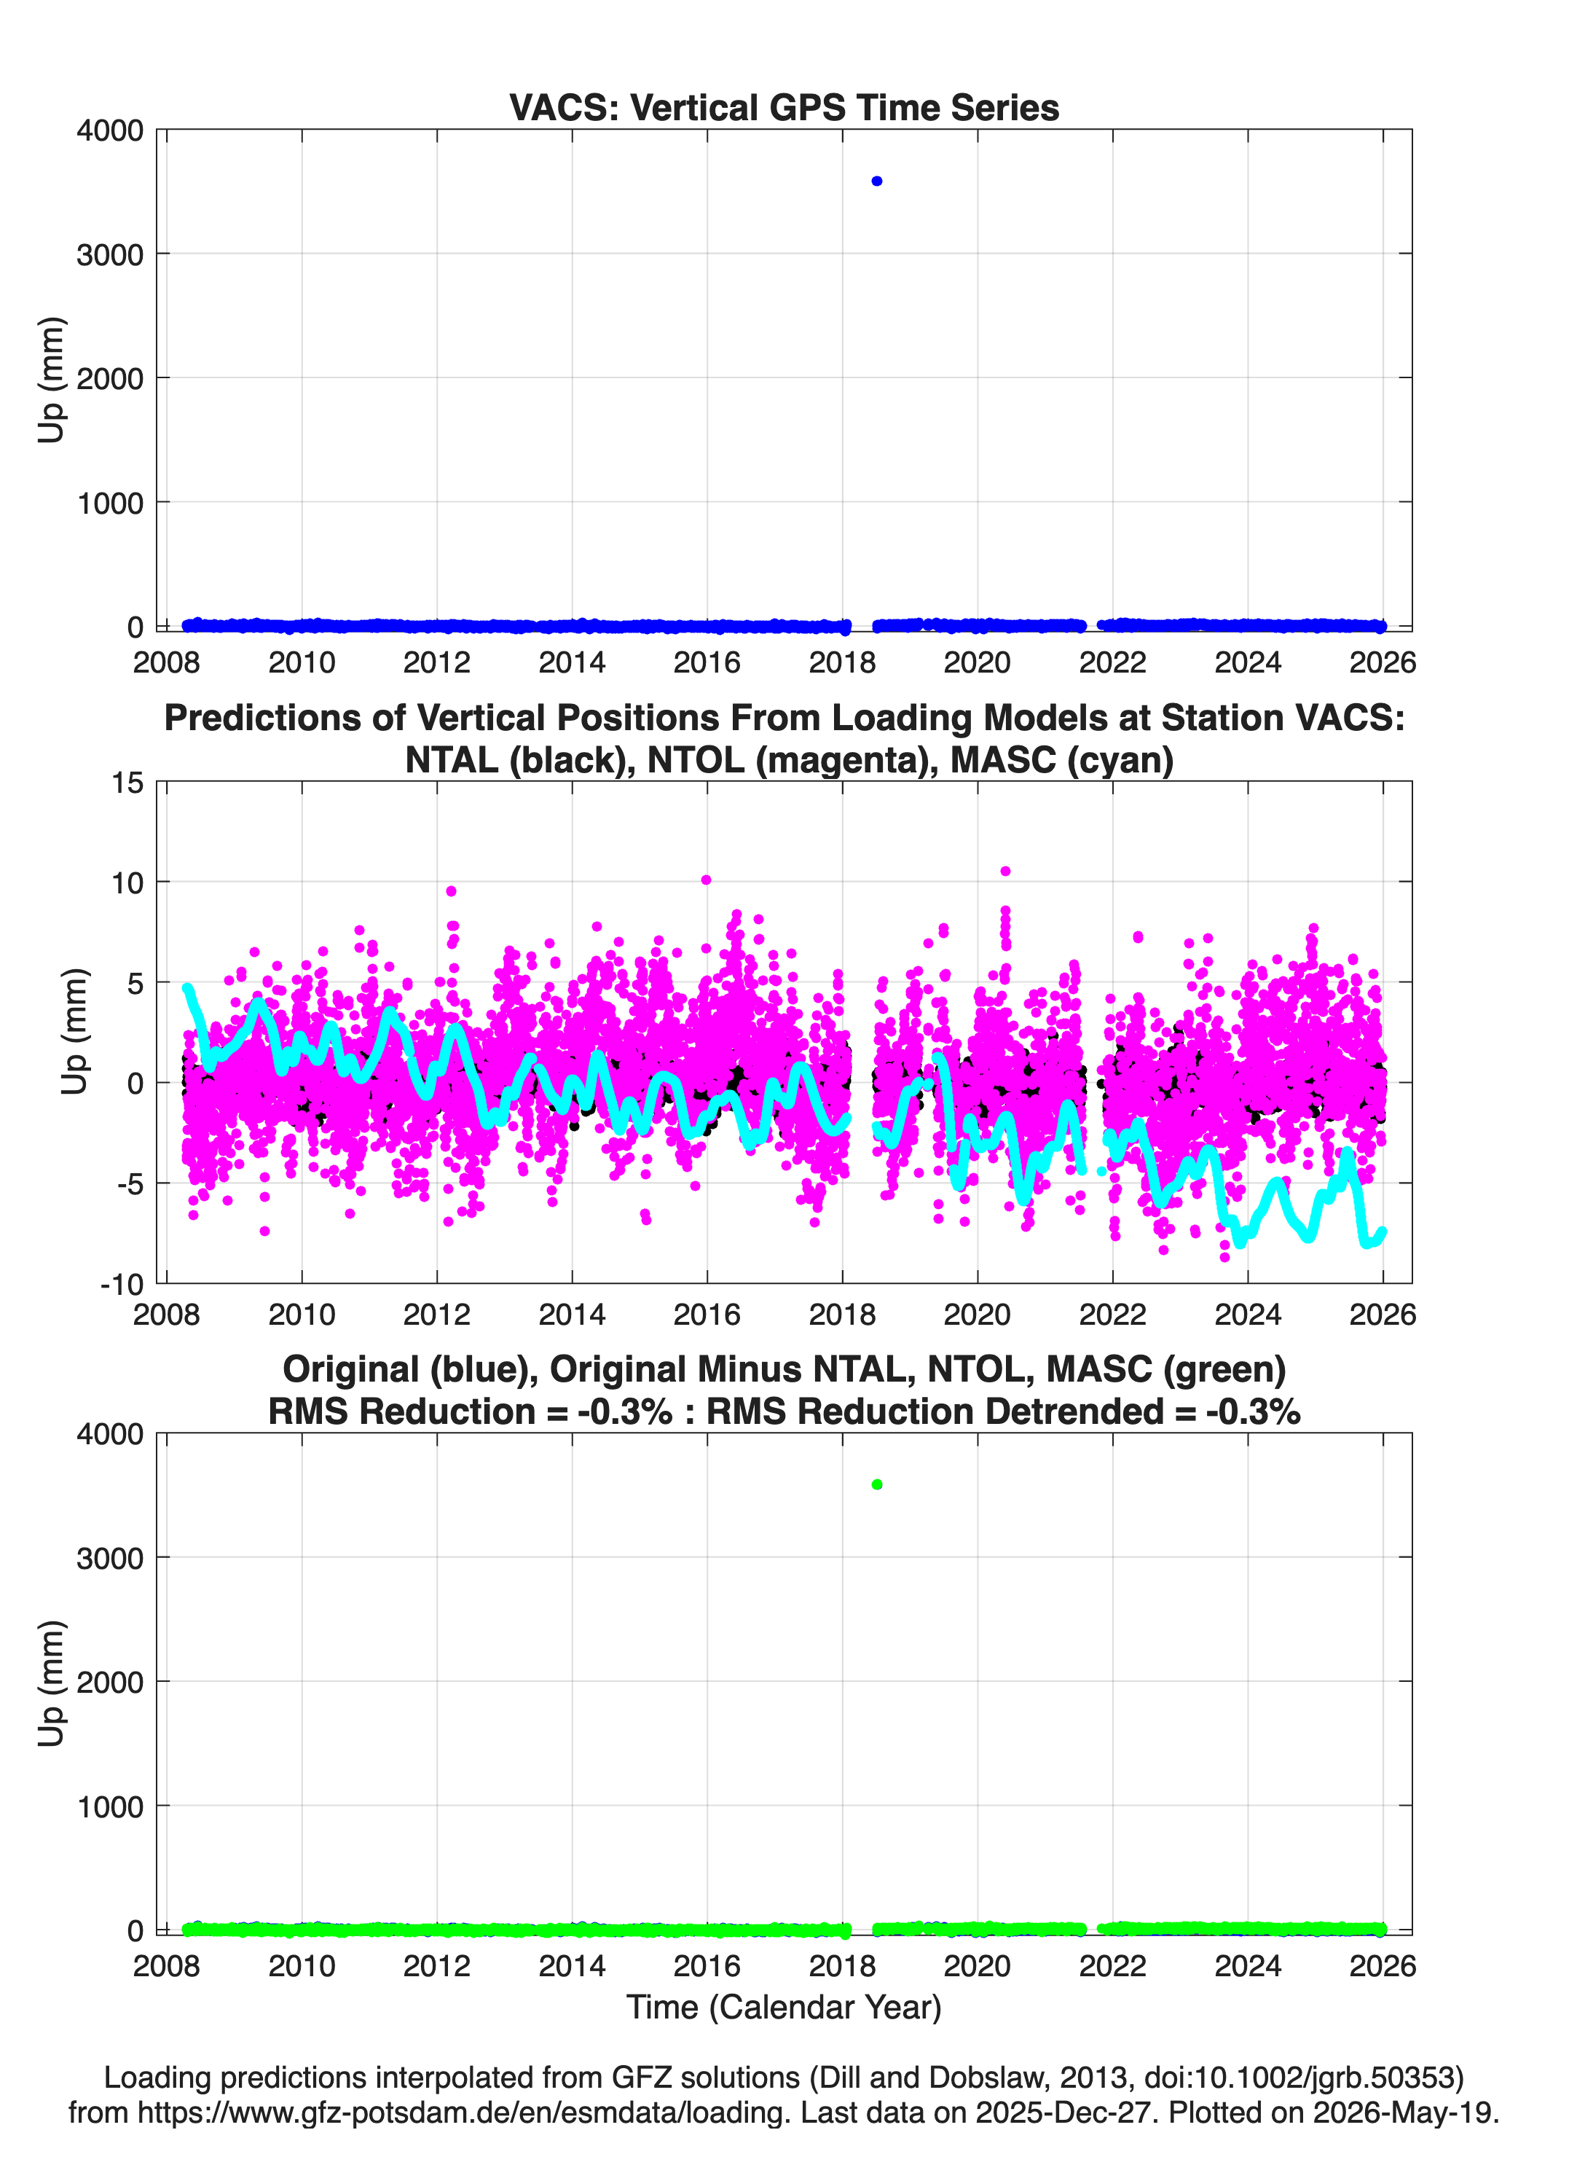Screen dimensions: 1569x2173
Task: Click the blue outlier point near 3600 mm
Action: point(876,181)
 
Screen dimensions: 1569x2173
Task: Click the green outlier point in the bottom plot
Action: point(876,1484)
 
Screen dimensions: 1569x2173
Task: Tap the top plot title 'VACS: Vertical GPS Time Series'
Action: point(784,107)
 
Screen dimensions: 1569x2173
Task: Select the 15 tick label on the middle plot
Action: point(127,783)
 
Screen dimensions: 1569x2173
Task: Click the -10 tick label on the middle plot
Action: point(122,1284)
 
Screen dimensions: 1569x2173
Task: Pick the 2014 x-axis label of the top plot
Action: point(572,662)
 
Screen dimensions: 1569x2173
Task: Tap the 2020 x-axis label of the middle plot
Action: point(977,1314)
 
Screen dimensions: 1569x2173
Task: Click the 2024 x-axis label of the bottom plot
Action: point(1247,1965)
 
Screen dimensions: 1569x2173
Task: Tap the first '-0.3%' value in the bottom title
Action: point(624,1412)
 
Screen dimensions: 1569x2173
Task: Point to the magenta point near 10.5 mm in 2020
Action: point(1004,871)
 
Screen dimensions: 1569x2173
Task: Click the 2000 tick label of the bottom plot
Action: point(110,1683)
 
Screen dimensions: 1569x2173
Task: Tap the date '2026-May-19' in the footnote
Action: point(1402,2112)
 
